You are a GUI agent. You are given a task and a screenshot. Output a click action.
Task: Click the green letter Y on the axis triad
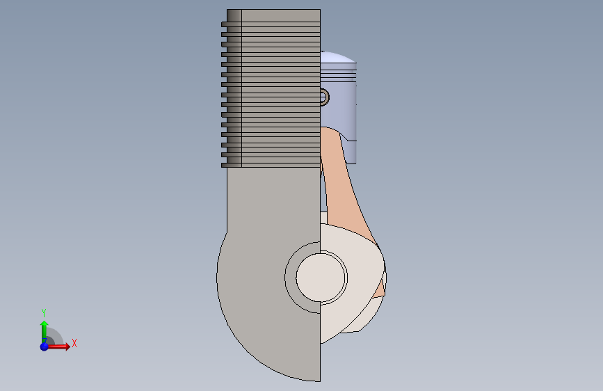click(x=44, y=312)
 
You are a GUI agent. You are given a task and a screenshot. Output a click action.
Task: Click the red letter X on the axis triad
click(x=74, y=343)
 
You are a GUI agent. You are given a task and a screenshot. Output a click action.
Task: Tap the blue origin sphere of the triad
click(x=45, y=346)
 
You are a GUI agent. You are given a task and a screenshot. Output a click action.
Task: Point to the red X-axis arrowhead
click(x=67, y=346)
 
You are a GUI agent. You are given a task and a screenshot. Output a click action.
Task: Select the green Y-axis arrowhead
click(x=45, y=324)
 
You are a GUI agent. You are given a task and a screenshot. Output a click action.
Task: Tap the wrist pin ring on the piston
click(x=325, y=97)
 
